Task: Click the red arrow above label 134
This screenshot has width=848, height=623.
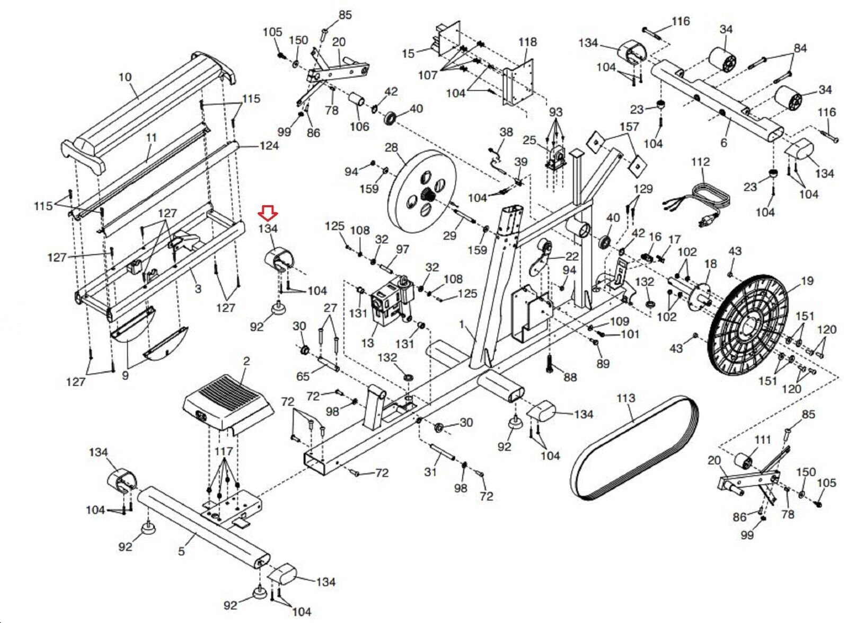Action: coord(268,213)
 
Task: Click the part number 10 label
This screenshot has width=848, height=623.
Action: coord(125,77)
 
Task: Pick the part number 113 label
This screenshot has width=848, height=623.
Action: coord(625,398)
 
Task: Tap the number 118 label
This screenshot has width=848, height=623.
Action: coord(527,42)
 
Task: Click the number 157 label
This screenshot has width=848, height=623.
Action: coord(629,127)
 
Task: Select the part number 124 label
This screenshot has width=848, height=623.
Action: coord(269,145)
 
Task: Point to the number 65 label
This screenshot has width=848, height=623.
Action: coord(303,376)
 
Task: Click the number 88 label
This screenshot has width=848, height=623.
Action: coord(570,378)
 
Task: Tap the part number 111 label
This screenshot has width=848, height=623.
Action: coord(763,440)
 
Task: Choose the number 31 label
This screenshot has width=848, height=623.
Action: coord(430,471)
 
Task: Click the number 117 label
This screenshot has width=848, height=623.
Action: coord(224,451)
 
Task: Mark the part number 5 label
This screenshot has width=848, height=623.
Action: coord(181,551)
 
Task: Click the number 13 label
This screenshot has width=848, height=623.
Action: coord(367,343)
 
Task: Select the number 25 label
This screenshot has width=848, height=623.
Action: coord(529,140)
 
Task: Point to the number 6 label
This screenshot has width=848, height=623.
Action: coord(723,143)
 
